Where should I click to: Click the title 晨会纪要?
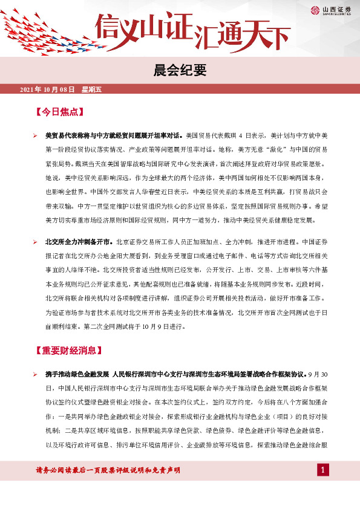click(x=180, y=70)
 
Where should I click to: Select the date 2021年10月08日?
click(x=47, y=89)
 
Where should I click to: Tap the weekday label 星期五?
click(x=92, y=89)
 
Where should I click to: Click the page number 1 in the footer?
click(x=324, y=470)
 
